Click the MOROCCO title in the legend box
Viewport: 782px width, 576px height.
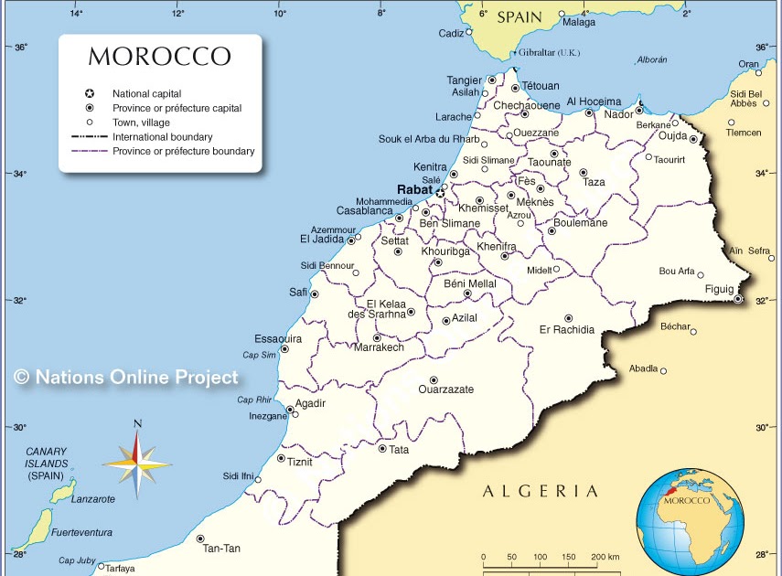pyautogui.click(x=159, y=57)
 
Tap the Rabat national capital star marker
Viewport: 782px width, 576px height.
pyautogui.click(x=440, y=193)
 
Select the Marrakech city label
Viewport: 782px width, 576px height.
pyautogui.click(x=379, y=347)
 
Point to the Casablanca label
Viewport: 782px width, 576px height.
pyautogui.click(x=364, y=210)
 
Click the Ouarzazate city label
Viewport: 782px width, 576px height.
pyautogui.click(x=445, y=389)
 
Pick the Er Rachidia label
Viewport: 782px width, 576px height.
pyautogui.click(x=567, y=330)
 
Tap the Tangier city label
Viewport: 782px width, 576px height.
pyautogui.click(x=464, y=80)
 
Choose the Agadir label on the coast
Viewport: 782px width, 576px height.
pyautogui.click(x=310, y=403)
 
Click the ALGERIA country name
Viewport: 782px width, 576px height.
pyautogui.click(x=541, y=491)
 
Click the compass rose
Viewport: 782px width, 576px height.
pyautogui.click(x=137, y=463)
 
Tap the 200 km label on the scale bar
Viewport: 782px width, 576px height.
pyautogui.click(x=605, y=557)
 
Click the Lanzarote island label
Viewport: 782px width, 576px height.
pyautogui.click(x=93, y=499)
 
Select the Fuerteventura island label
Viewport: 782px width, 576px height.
pyautogui.click(x=81, y=532)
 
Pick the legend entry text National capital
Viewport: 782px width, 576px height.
pyautogui.click(x=146, y=93)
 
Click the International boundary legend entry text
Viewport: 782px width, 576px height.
pyautogui.click(x=163, y=137)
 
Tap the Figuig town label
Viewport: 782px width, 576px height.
pyautogui.click(x=719, y=289)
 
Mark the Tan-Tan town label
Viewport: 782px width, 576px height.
pyautogui.click(x=221, y=549)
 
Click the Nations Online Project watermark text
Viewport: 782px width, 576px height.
pyautogui.click(x=126, y=377)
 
